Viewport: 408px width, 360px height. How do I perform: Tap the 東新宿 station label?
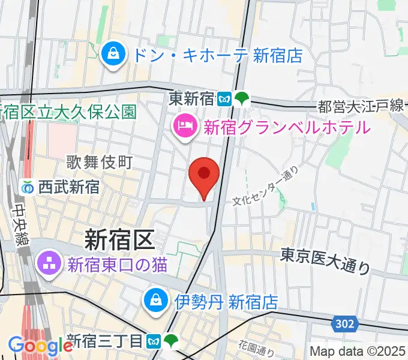coord(191,97)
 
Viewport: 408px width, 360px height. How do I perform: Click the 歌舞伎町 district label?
coord(98,162)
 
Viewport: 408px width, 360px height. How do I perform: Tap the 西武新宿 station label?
coord(68,187)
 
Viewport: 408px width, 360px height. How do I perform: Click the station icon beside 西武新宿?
coord(28,187)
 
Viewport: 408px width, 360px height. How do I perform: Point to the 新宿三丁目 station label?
coord(104,341)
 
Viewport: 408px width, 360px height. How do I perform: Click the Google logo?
coord(41,346)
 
